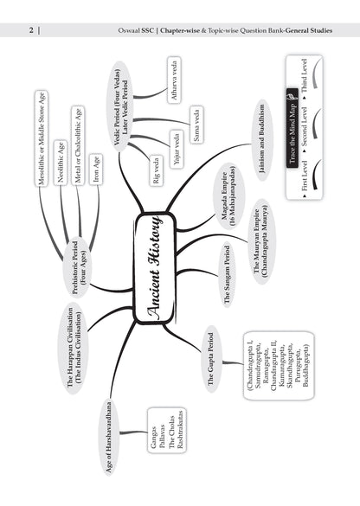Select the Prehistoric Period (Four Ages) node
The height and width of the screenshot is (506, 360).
click(78, 267)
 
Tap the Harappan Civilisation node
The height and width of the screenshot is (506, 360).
click(74, 348)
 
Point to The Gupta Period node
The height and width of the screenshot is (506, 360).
click(211, 359)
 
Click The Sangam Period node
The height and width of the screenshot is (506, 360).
click(228, 274)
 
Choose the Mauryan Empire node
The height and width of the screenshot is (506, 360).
click(260, 241)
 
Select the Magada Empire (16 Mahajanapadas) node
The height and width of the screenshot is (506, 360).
click(228, 196)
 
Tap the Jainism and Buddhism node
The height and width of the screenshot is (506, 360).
click(262, 138)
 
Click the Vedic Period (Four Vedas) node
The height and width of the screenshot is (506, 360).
click(121, 107)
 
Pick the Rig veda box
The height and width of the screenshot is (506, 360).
click(157, 170)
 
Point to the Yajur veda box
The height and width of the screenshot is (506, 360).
click(177, 149)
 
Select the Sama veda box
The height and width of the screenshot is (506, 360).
click(196, 125)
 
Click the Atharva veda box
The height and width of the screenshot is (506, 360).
click(174, 80)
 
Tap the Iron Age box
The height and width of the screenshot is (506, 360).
click(95, 169)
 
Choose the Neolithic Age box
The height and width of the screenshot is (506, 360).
click(61, 163)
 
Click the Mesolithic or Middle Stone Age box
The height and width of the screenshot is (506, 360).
click(42, 138)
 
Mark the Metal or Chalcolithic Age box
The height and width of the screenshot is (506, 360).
click(78, 145)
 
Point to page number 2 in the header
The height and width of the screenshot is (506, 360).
click(31, 30)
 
